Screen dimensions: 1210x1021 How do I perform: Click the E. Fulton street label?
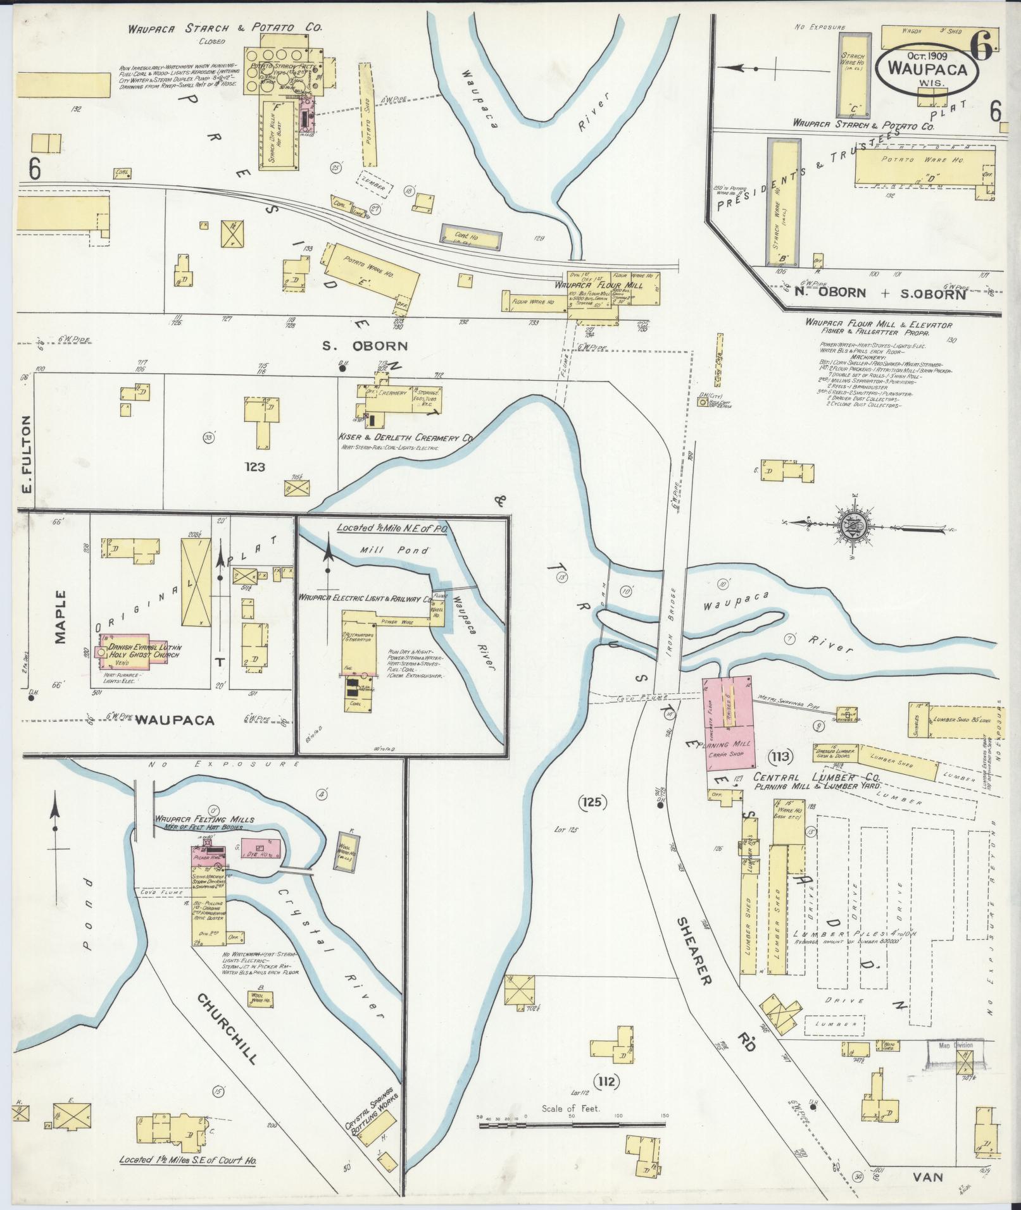pos(27,455)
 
